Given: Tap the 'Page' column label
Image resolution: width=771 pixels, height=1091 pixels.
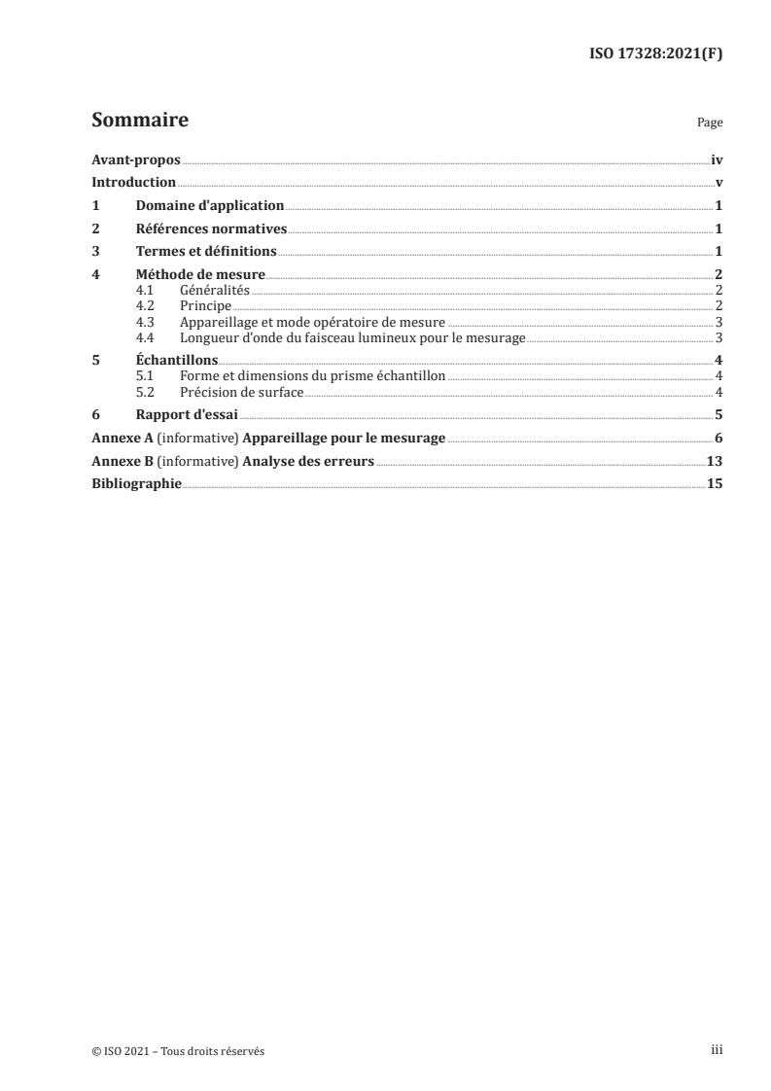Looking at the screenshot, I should pos(710,123).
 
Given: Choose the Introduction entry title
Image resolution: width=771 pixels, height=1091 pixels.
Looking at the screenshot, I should pos(133,182).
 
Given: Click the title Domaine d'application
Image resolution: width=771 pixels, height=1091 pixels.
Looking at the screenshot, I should pos(210,205).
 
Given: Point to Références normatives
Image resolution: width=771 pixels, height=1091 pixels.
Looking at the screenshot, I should pos(211,229).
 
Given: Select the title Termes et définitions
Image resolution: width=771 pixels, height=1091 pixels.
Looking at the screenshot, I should pos(206,252).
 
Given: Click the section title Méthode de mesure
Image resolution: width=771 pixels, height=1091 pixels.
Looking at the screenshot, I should pos(200,275).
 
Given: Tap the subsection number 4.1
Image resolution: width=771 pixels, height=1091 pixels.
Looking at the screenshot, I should pos(146,290).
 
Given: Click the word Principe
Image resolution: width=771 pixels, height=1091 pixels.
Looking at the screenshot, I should pos(205,305).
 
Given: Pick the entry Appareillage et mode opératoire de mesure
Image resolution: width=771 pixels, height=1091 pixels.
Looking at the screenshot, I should pos(312,322).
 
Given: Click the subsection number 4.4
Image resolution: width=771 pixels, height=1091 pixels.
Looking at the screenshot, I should pos(146,337).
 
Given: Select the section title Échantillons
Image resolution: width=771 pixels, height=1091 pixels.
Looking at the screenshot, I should pos(177,361).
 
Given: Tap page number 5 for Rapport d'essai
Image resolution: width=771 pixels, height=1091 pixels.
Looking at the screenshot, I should pos(718,415).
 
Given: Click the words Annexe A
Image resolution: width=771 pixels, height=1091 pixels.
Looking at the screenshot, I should pos(116,439).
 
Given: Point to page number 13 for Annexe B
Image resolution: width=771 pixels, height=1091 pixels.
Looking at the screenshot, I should pos(714,462).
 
